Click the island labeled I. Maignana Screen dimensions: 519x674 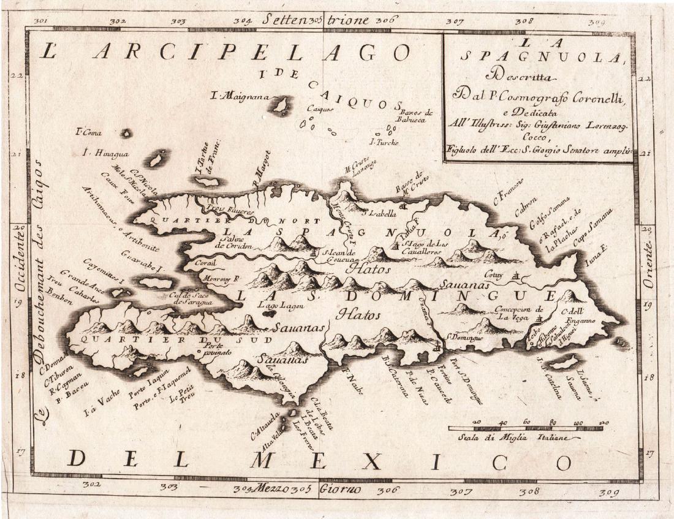pyautogui.click(x=281, y=106)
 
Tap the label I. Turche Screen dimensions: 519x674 pyautogui.click(x=385, y=143)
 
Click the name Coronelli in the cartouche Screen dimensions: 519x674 pyautogui.click(x=594, y=96)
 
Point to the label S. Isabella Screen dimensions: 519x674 pyautogui.click(x=380, y=213)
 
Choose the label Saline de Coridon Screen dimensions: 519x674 pyautogui.click(x=233, y=241)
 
